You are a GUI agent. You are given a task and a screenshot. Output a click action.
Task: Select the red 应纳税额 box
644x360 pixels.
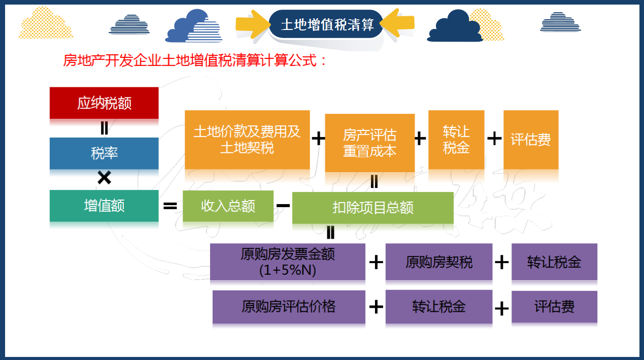[x=104, y=103]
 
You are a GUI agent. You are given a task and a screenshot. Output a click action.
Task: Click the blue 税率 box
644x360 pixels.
[x=104, y=153]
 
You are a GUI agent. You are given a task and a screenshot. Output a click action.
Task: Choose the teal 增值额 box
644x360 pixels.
[x=104, y=206]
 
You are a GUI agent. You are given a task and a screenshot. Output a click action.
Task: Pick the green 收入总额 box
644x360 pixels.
[x=228, y=206]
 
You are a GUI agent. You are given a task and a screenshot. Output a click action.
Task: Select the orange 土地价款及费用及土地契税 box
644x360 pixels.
[x=247, y=140]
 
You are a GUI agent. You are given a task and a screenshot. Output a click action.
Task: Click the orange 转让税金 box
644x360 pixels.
[x=456, y=140]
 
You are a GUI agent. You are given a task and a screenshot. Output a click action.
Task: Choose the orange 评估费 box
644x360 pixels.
[x=531, y=140]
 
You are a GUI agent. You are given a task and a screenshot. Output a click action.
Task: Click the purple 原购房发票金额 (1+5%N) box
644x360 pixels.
[x=287, y=262]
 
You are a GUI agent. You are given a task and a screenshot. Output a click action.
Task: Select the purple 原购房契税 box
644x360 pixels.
[x=438, y=262]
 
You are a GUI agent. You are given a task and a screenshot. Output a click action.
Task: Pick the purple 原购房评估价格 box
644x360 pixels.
[x=288, y=307]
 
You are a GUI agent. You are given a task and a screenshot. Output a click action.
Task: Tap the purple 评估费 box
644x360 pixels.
[x=554, y=307]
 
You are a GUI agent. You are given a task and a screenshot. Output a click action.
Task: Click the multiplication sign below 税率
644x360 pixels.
[x=104, y=178]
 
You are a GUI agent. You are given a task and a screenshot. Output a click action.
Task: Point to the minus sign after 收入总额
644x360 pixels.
[x=283, y=206]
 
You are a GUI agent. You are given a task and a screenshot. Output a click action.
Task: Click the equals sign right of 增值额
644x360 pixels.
[x=170, y=206]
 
